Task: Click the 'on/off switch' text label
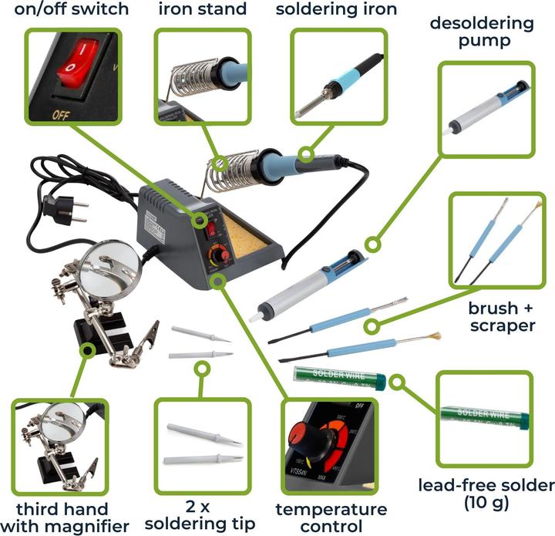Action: [65, 10]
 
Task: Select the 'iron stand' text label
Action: [203, 10]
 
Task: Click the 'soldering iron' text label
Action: [337, 10]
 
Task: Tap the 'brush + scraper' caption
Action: [501, 317]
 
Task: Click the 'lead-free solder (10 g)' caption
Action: [486, 494]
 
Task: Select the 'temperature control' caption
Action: [331, 517]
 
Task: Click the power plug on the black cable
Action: [56, 207]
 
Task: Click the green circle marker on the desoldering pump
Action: [372, 245]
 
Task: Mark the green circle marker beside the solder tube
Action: [398, 381]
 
